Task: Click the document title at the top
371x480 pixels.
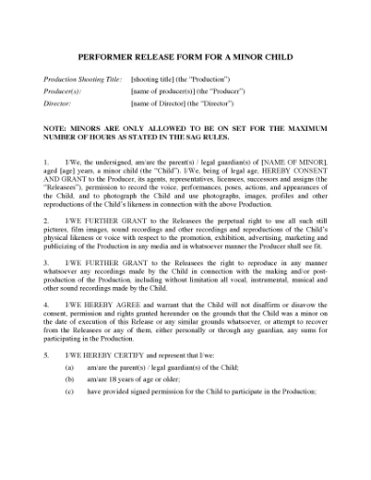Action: [x=185, y=57]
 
